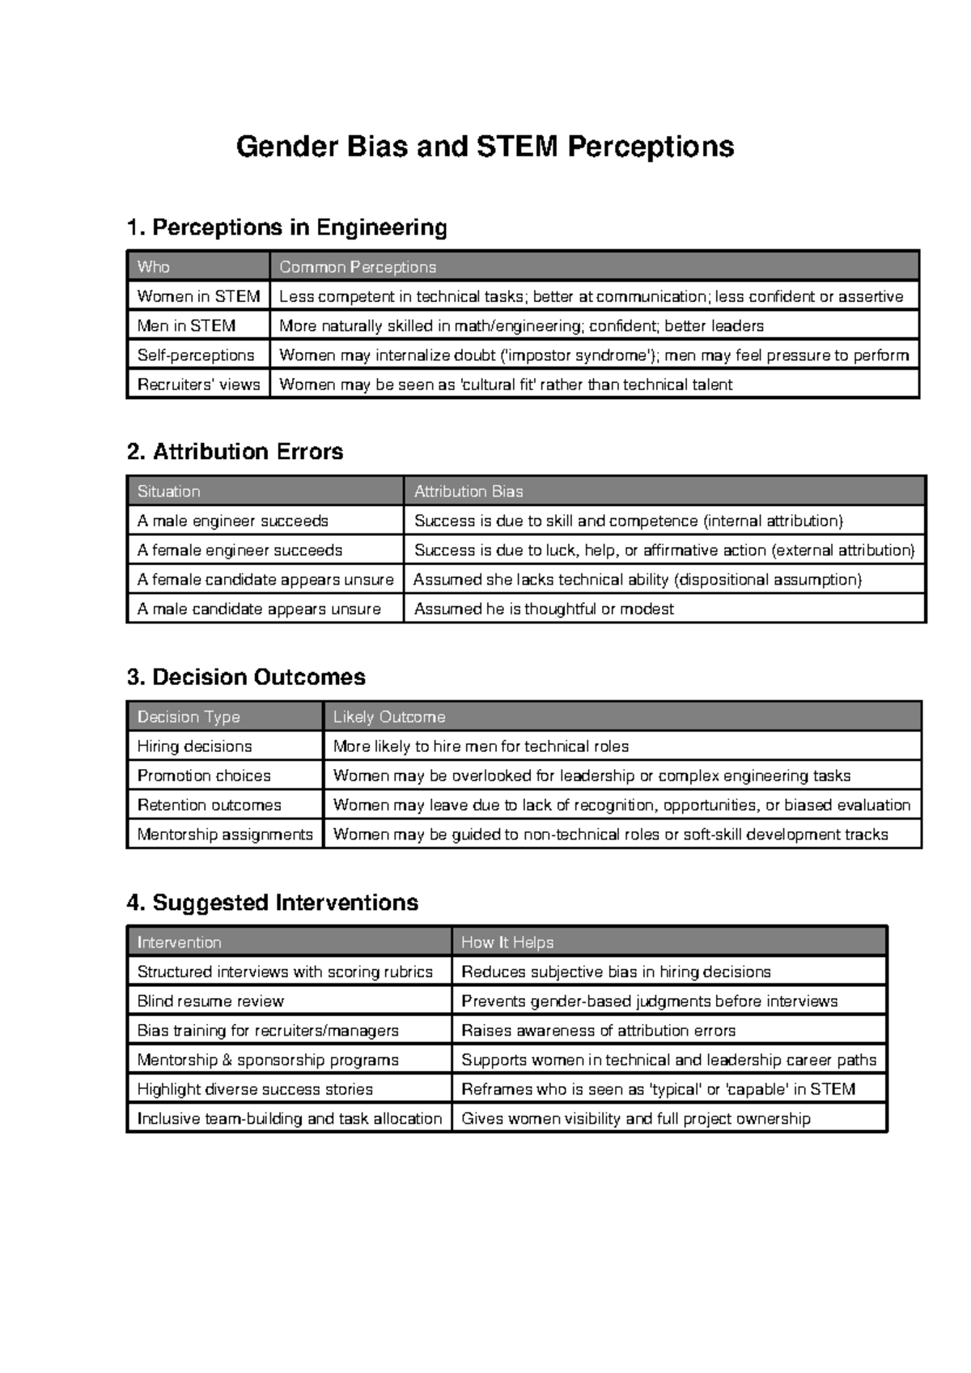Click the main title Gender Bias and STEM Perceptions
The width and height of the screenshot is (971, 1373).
tap(485, 147)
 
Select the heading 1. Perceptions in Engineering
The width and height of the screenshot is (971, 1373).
tap(286, 227)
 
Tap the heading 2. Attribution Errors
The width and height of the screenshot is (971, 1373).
tap(235, 452)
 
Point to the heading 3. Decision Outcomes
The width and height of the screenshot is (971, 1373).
tap(246, 677)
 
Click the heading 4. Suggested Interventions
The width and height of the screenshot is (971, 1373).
tap(272, 903)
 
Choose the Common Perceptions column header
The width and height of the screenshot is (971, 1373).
tap(357, 267)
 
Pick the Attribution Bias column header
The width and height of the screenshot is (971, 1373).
tap(469, 491)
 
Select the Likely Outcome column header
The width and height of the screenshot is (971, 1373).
tap(388, 717)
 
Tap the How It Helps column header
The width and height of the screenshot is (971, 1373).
tap(507, 942)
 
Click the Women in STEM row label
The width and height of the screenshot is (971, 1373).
tap(198, 296)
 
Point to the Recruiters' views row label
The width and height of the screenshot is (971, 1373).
tap(198, 385)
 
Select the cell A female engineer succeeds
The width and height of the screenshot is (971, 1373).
tap(240, 550)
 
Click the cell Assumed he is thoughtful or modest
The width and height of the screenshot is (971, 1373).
tap(544, 609)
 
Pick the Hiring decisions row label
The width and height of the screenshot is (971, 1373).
tap(194, 746)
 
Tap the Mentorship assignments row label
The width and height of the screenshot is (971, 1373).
tap(225, 835)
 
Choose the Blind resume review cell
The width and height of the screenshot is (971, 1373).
tap(210, 1001)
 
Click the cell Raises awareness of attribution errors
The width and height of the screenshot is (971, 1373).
tap(598, 1031)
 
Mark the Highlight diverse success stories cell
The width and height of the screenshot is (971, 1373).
tap(255, 1090)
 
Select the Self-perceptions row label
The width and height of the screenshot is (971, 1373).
tap(196, 355)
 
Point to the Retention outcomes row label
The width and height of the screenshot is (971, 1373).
tap(209, 806)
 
